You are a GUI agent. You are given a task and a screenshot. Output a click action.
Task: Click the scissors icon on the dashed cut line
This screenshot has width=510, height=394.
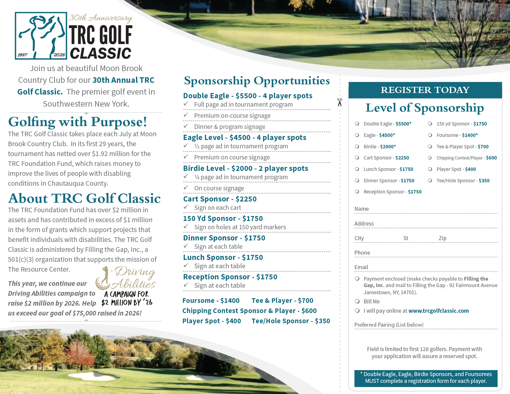(x=340, y=102)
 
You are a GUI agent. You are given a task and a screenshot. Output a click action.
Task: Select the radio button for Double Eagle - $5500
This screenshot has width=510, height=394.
(x=357, y=124)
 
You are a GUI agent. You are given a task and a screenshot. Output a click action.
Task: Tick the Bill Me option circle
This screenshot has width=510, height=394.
(x=357, y=301)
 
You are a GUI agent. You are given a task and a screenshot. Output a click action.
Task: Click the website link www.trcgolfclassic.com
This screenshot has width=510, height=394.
(x=438, y=311)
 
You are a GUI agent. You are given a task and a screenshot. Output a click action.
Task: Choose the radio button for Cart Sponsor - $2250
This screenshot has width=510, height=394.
(x=357, y=158)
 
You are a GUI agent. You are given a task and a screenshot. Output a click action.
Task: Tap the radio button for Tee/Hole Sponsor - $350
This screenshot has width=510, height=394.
(x=430, y=180)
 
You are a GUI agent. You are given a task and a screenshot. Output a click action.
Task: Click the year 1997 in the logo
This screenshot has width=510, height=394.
(x=22, y=55)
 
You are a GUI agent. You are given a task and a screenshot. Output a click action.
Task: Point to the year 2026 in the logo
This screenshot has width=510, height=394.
(x=59, y=55)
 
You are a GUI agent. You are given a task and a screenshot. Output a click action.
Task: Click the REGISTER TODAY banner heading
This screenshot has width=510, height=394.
(x=425, y=90)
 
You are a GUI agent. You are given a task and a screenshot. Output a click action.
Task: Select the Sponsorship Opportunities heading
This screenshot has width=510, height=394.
(x=257, y=81)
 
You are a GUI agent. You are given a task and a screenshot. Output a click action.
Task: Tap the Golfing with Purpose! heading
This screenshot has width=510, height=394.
(x=78, y=122)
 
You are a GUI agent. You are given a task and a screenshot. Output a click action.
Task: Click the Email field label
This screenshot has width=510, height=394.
(x=361, y=267)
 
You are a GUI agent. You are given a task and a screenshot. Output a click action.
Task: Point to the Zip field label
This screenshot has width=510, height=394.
(x=442, y=238)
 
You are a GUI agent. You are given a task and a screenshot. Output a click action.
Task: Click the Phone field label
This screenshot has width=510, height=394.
(x=362, y=253)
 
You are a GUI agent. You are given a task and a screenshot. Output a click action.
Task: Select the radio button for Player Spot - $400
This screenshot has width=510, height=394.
(x=430, y=169)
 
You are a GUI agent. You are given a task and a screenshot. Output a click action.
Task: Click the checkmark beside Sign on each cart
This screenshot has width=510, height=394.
(x=186, y=207)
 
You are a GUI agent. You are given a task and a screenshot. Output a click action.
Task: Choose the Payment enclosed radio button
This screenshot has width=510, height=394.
(x=357, y=279)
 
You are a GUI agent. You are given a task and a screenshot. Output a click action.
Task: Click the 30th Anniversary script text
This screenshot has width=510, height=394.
(x=100, y=18)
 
